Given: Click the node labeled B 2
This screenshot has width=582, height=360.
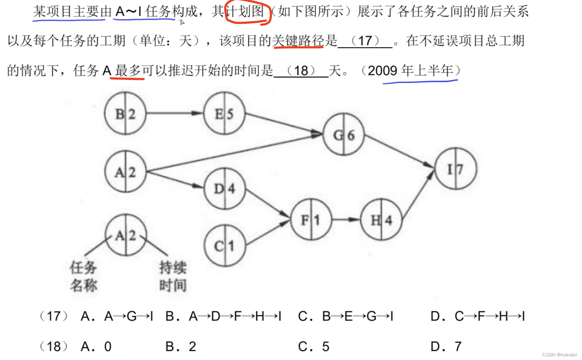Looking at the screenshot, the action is coord(125,114).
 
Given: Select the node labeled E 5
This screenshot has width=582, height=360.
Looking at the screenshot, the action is coord(224,114).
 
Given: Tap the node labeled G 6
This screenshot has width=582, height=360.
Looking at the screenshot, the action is coord(344,135).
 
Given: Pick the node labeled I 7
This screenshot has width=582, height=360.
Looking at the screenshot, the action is coord(456,168).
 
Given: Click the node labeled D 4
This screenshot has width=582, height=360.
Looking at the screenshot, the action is coord(224,188).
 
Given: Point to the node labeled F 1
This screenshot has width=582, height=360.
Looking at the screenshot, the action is coord(311,219).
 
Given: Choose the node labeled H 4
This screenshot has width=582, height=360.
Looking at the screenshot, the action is coord(381,219).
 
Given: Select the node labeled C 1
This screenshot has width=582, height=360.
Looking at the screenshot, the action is coord(224,246).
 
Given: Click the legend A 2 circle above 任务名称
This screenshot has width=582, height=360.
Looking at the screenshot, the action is coord(126,235).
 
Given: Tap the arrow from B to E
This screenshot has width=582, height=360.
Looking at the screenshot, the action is coord(175,113).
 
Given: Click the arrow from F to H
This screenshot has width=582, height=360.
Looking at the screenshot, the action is coord(346,219).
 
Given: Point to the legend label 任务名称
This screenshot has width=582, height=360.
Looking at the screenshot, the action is coord(83,276).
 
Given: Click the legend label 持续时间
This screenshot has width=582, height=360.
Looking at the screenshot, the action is coord(173,276).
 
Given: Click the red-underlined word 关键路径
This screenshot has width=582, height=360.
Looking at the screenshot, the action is coord(298,41).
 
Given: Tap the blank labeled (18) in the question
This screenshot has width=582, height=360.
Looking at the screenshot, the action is coord(301,71).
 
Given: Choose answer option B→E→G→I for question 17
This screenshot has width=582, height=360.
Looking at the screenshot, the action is coord(357,316).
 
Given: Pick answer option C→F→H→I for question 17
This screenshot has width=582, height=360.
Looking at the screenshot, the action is coord(490,316).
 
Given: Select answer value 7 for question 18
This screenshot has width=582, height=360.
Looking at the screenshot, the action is coord(458,346).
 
